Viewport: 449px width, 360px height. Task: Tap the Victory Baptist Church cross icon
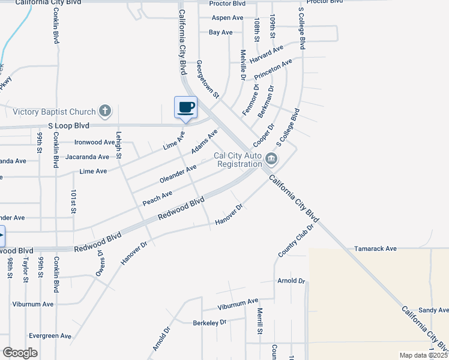pos(105,111)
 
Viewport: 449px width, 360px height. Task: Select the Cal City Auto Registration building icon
pos(271,159)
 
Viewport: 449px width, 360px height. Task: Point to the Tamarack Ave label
pos(375,248)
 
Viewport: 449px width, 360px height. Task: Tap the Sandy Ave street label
pos(433,310)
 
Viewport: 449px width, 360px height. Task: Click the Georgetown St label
pos(208,79)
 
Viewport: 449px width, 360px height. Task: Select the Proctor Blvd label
pos(228,3)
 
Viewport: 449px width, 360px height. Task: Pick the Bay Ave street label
pos(220,32)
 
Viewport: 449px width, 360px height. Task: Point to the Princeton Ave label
pos(273,70)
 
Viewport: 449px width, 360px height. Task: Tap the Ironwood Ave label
pos(94,143)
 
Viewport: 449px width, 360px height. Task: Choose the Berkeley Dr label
pos(209,322)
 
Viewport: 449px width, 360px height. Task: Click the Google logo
pos(20,353)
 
